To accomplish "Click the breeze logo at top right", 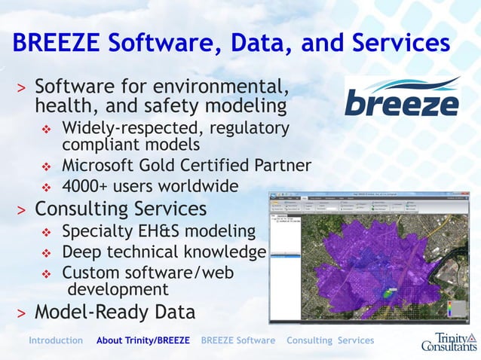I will pos(402,96).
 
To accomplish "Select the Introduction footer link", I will pos(56,340).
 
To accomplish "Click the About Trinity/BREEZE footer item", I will pos(143,340).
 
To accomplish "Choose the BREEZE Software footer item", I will pos(238,340).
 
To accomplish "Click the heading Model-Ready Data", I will pos(115,312).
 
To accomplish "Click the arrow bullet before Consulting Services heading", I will pos(22,209).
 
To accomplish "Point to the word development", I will pos(118,289).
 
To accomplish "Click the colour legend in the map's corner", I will pos(450,311).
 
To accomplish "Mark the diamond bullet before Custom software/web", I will pos(46,274).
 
